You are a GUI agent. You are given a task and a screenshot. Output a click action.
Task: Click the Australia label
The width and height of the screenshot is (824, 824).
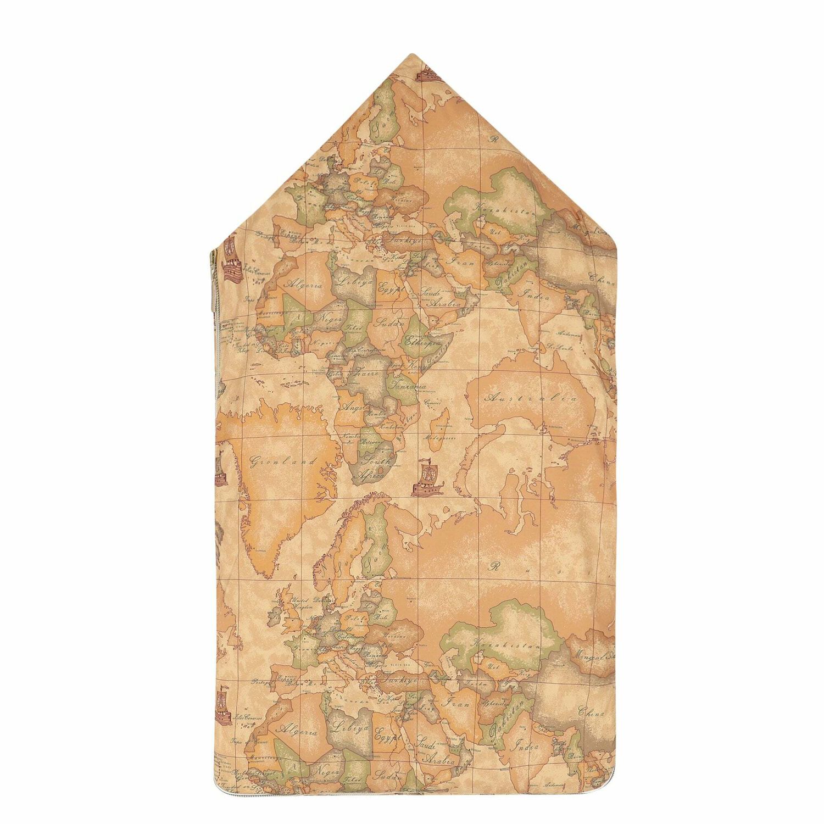[x=530, y=398]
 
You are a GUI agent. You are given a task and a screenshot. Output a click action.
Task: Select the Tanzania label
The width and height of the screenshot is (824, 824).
[x=408, y=386]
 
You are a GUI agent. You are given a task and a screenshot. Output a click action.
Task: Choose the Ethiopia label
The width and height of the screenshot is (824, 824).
[x=423, y=341]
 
